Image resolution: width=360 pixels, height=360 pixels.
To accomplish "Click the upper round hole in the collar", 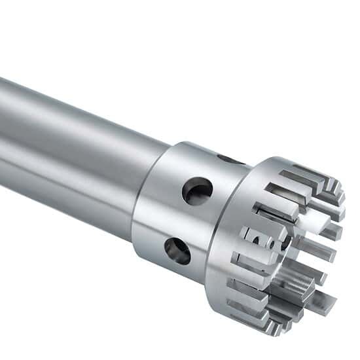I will [x=197, y=191].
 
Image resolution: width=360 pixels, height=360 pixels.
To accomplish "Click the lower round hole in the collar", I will [x=177, y=250].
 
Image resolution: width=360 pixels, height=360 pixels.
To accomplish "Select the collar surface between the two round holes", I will [x=187, y=221].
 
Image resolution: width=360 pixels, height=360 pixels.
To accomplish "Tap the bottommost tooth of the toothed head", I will [x=262, y=317].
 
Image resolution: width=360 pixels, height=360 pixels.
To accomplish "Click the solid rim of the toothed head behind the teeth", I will [x=239, y=275].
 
